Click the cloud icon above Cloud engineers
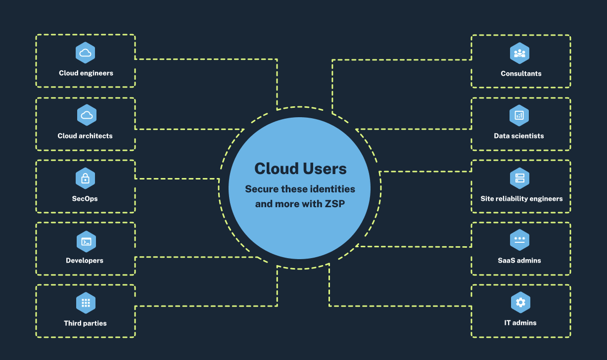(x=85, y=53)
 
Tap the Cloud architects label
(x=85, y=135)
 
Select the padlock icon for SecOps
(x=85, y=178)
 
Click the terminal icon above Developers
(x=86, y=242)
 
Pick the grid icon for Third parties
(x=85, y=303)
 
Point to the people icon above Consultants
(x=519, y=53)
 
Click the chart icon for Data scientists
(x=519, y=115)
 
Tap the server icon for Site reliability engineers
(x=519, y=178)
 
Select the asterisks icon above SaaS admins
(x=519, y=240)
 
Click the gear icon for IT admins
(x=520, y=302)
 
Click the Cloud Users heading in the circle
(x=300, y=169)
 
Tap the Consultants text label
(x=521, y=73)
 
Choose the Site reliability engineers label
(x=521, y=198)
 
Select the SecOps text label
(x=85, y=198)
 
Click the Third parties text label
(x=85, y=323)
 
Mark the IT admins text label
(x=520, y=322)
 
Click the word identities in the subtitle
(x=332, y=189)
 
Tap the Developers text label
(x=85, y=260)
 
